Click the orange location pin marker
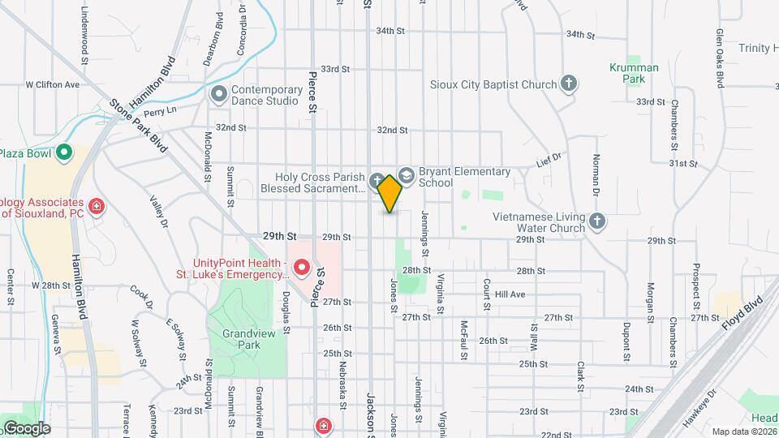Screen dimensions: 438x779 pos(390,193)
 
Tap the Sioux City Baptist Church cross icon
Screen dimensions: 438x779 pos(570,84)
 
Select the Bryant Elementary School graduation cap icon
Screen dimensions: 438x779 pos(407,174)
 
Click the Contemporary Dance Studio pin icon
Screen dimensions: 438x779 pos(218,95)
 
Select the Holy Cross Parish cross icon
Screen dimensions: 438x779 pos(377,181)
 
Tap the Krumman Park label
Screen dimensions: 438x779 pos(627,74)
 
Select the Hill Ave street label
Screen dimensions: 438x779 pos(510,294)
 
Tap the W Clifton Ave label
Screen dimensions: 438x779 pos(52,84)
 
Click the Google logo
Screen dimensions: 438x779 pos(26,428)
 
